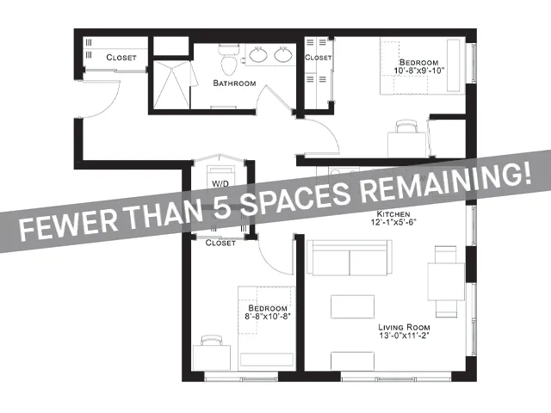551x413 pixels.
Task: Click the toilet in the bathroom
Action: pos(229,59)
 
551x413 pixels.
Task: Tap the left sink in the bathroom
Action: pos(258,55)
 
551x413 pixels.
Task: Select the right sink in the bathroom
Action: pos(283,55)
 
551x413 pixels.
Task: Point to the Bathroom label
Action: pos(234,83)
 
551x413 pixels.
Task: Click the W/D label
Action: pos(220,183)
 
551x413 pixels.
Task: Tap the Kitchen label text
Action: pos(393,214)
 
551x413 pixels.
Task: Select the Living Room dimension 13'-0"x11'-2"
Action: pos(404,336)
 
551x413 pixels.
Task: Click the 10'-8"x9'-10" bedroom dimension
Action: pos(419,71)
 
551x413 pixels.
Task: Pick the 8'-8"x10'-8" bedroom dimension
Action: pos(268,317)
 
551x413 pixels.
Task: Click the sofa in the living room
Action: pos(350,258)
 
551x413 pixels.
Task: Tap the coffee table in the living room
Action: pos(352,306)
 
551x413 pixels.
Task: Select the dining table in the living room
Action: pos(446,281)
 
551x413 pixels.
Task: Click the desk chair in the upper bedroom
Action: pos(406,126)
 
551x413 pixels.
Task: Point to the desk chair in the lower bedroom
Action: pos(212,341)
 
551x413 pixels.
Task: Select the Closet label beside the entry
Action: pos(121,58)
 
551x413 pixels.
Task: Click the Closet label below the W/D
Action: pos(220,243)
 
